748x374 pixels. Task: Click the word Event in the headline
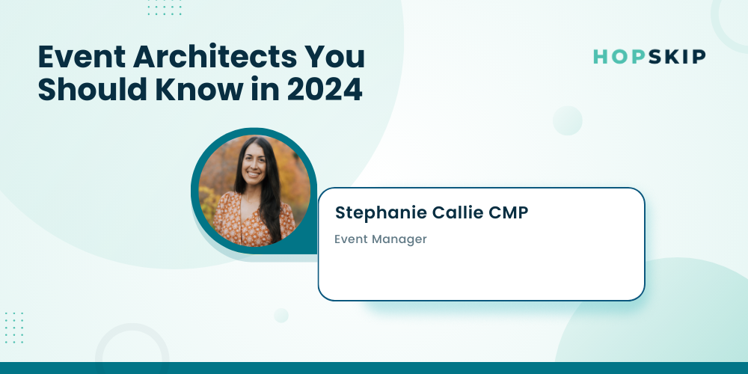pyautogui.click(x=81, y=57)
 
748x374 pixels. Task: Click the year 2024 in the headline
pyautogui.click(x=325, y=90)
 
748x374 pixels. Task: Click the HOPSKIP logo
pyautogui.click(x=649, y=57)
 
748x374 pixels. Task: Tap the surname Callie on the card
pyautogui.click(x=458, y=212)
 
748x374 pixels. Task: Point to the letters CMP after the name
pyautogui.click(x=509, y=212)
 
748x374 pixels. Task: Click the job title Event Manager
pyautogui.click(x=380, y=239)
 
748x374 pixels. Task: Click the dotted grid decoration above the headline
pyautogui.click(x=165, y=7)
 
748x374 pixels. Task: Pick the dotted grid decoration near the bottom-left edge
pyautogui.click(x=13, y=328)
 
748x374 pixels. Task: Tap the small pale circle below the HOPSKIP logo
pyautogui.click(x=567, y=120)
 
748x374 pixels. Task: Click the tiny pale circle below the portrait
pyautogui.click(x=281, y=316)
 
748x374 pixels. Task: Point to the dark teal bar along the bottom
pyautogui.click(x=374, y=368)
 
